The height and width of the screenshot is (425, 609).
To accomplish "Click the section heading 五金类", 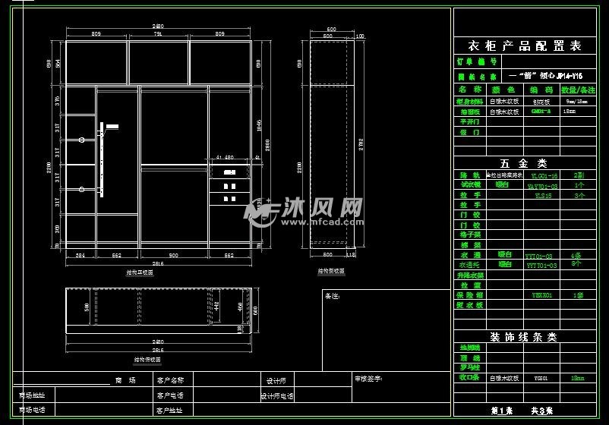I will [x=523, y=163].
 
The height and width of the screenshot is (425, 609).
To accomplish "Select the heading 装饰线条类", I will [x=523, y=337].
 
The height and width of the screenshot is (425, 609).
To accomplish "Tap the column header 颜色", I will [x=503, y=90].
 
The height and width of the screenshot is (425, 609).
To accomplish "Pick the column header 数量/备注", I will [x=579, y=90].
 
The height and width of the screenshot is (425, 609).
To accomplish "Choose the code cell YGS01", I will [x=541, y=376].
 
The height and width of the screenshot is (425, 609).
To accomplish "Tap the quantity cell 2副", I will [x=579, y=175].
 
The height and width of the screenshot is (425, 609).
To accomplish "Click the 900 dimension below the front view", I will [x=173, y=256].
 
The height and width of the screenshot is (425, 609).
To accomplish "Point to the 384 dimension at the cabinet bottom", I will [x=80, y=256].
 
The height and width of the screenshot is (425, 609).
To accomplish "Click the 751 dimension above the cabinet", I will [x=158, y=34].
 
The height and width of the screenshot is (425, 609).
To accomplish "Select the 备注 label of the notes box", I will [x=332, y=295].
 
